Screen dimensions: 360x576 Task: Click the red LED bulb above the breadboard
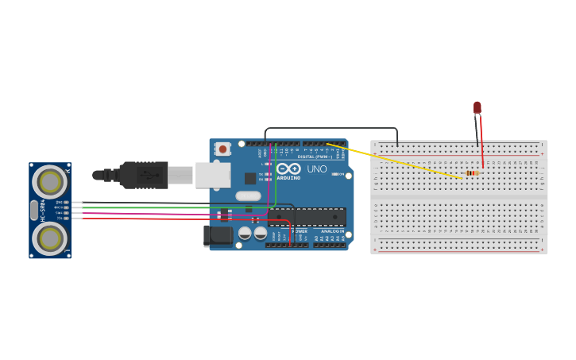point(477,106)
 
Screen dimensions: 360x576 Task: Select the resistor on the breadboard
point(472,173)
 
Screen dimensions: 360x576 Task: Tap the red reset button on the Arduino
point(223,149)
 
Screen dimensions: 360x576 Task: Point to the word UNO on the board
point(317,168)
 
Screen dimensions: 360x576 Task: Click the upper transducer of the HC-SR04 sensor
point(49,182)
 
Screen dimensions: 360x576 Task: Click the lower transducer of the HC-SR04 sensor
point(49,238)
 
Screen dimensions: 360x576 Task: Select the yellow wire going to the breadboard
point(397,161)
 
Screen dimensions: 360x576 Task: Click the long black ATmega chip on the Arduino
point(307,216)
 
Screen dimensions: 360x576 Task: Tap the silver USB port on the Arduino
point(213,175)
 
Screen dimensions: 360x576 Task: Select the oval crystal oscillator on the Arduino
point(248,195)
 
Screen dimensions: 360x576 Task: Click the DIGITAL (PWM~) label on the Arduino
point(315,157)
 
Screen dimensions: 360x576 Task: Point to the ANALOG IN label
point(332,231)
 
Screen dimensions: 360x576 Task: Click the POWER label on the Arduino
point(300,231)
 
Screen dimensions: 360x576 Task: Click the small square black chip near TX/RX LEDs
point(250,178)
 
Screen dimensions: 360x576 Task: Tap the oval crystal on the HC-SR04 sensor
point(33,210)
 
